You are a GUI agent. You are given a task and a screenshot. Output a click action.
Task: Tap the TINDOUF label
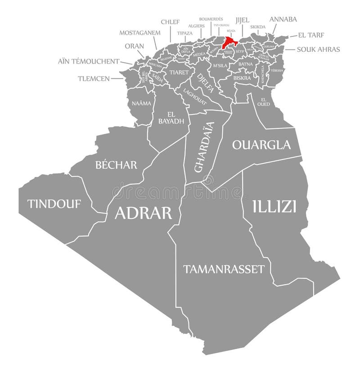pos(54,204)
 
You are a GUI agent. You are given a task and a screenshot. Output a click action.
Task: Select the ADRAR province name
pos(143,212)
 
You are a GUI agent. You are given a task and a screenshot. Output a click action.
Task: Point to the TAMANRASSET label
pos(223,269)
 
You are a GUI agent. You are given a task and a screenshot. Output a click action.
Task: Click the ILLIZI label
pos(274,206)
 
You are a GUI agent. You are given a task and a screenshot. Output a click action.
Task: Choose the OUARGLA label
pos(261,145)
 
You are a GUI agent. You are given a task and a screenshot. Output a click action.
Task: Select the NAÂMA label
pos(141,103)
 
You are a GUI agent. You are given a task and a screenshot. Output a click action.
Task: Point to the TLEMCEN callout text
pos(94,78)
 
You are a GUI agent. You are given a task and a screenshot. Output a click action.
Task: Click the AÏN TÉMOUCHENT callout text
pos(88,61)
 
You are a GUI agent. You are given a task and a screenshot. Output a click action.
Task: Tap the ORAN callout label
pos(135,46)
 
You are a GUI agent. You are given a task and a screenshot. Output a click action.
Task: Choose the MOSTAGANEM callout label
pos(139,33)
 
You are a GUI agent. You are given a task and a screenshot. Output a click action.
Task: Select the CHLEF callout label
pos(170,21)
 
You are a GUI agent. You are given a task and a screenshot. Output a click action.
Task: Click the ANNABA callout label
pos(283,19)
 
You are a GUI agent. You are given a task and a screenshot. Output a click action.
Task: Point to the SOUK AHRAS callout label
pos(318,49)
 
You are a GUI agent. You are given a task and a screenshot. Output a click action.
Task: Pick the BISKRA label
pos(242,77)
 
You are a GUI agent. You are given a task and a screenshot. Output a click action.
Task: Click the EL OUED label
pos(264,102)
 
